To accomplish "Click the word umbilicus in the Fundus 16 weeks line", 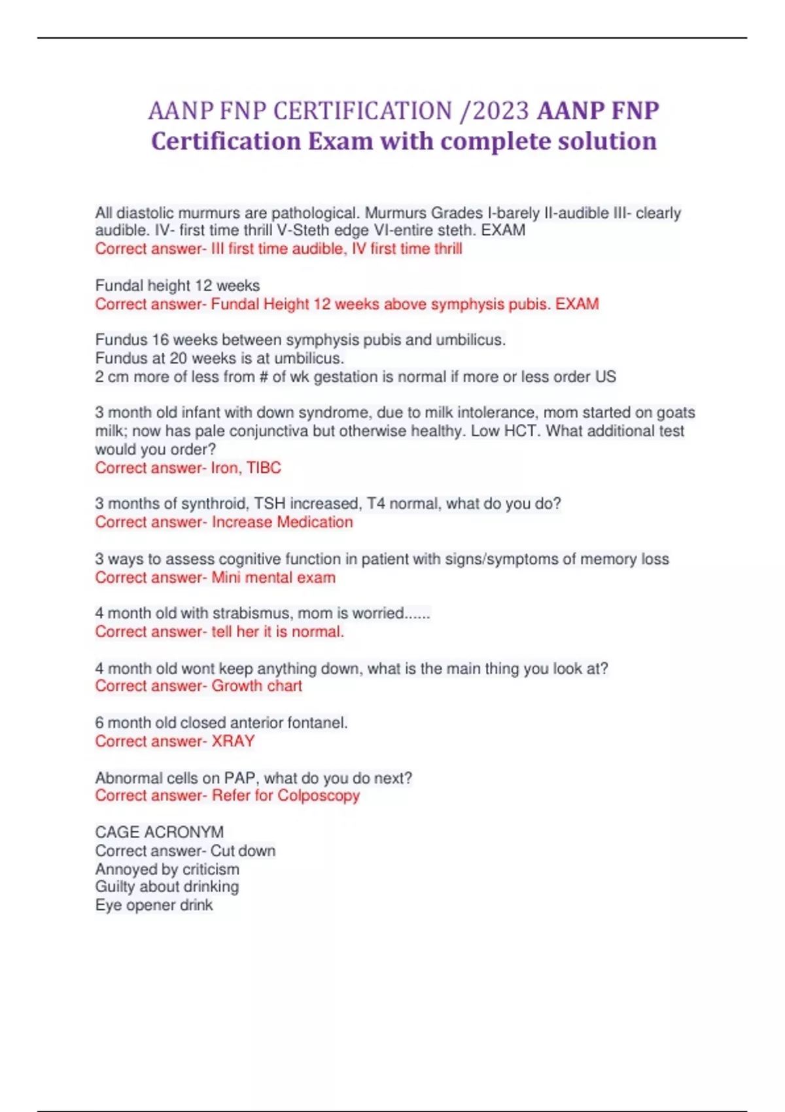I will coord(470,340).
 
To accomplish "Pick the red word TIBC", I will coord(264,468).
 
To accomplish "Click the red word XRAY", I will coord(233,741).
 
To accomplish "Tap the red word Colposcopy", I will coord(319,796).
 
